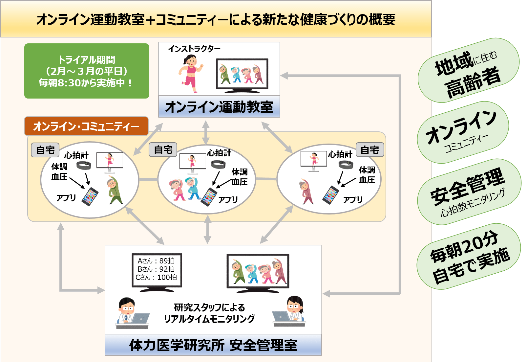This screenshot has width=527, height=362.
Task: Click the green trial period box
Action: (x=87, y=71)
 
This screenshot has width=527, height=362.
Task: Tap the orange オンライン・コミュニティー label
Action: (x=86, y=126)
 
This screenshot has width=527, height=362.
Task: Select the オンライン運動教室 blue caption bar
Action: (x=219, y=107)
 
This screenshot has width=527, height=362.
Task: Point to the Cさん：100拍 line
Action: (x=156, y=278)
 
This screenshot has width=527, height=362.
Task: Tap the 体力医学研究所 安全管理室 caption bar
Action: (x=213, y=345)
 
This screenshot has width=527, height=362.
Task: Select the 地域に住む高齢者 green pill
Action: (x=468, y=70)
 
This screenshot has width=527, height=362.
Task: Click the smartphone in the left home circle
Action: (x=90, y=196)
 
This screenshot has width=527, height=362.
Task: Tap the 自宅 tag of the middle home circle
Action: (x=163, y=150)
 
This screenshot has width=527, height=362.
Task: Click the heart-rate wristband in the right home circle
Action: (x=346, y=164)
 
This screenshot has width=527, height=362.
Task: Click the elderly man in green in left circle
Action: (x=114, y=190)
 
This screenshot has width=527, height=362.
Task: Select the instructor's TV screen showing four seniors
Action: (x=242, y=74)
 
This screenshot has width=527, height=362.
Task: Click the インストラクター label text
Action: (x=194, y=49)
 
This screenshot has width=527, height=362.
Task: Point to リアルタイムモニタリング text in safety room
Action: (x=209, y=319)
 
